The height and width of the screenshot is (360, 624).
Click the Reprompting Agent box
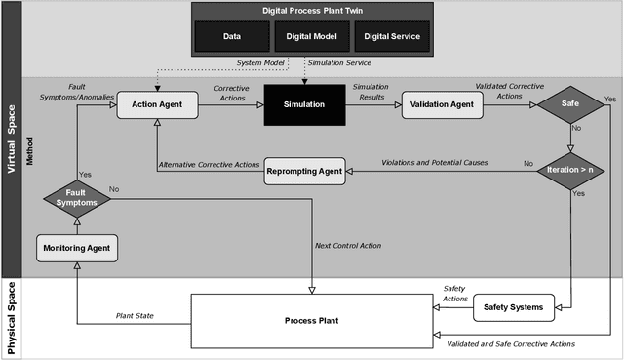[304, 172]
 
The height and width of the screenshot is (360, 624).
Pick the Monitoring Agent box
[77, 250]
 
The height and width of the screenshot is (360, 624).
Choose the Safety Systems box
[513, 307]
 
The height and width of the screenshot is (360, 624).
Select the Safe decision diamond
[570, 103]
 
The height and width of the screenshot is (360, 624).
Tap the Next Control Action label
[348, 245]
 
